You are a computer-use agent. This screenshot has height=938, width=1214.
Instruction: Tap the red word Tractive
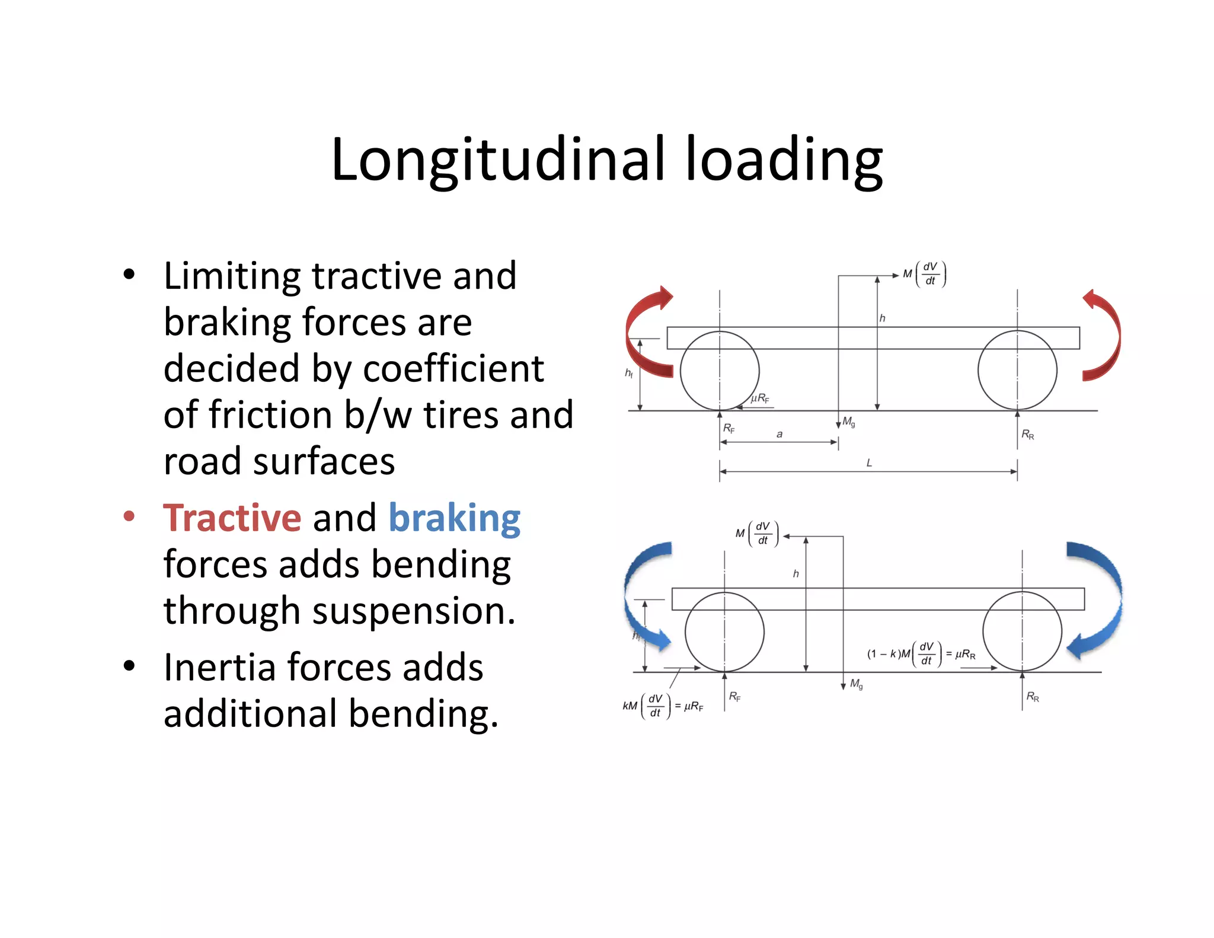tap(232, 518)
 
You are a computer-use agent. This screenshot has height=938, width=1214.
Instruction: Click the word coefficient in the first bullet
tap(453, 369)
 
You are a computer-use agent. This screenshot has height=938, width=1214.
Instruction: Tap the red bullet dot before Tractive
tap(129, 516)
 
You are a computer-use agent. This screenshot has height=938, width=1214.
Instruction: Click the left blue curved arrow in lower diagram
tap(640, 599)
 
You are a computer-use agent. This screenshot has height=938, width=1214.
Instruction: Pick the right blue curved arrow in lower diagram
tap(1100, 599)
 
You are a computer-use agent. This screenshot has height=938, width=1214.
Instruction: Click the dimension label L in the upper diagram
tap(869, 462)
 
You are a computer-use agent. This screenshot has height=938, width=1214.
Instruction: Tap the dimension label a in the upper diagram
tap(779, 434)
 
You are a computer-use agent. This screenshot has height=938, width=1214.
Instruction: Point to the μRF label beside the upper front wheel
tap(759, 398)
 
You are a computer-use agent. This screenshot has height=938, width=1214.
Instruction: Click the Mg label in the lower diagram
tap(856, 684)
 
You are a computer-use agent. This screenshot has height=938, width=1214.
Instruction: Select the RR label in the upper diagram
tap(1027, 435)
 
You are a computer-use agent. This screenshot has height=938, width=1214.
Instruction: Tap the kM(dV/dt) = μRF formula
tap(663, 706)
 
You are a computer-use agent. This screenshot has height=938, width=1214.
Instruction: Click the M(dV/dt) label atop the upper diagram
tap(924, 274)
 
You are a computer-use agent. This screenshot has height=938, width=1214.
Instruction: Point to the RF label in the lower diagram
tap(734, 697)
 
